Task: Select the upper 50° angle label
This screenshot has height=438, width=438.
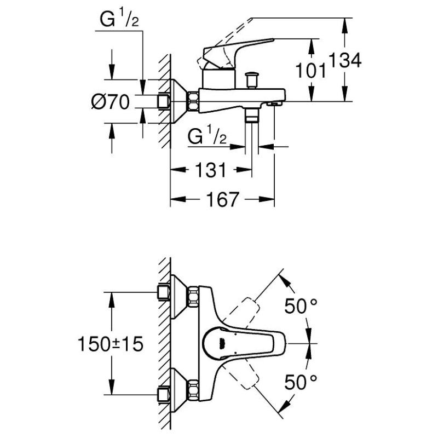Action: [301, 307]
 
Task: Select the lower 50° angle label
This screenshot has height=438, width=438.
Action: [301, 382]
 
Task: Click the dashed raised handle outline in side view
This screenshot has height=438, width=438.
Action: [230, 33]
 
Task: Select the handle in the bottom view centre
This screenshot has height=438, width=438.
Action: [224, 343]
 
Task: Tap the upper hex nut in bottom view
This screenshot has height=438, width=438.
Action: [193, 297]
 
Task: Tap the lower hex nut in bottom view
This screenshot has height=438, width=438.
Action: [193, 389]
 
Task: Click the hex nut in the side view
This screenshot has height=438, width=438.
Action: [193, 102]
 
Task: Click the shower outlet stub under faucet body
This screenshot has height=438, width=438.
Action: [252, 115]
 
